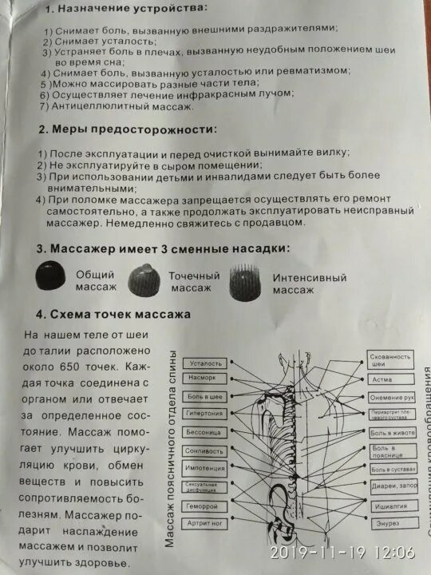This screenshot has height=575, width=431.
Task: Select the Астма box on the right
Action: [x=391, y=379]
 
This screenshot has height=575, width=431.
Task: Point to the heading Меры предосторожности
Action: [x=136, y=128]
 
